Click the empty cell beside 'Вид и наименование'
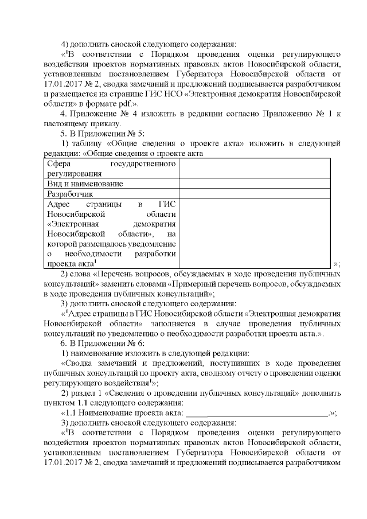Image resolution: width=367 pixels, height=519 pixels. pos(254,184)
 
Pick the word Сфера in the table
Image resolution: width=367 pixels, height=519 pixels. pos(60,164)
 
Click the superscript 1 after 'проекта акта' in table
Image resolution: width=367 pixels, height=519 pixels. pos(95,262)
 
